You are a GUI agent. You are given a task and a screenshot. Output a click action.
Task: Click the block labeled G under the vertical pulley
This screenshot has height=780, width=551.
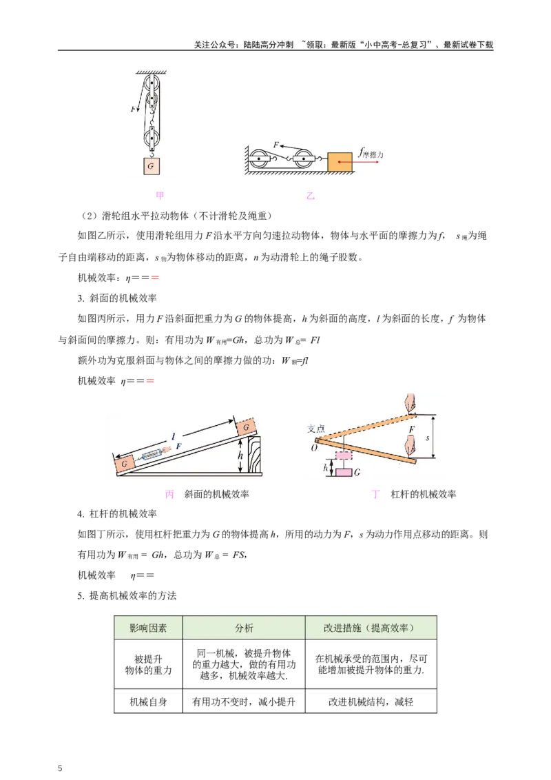click(150, 167)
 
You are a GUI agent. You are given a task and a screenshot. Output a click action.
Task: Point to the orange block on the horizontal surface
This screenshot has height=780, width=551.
click(340, 162)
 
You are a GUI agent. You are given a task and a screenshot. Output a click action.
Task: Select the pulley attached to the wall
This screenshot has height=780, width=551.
click(259, 161)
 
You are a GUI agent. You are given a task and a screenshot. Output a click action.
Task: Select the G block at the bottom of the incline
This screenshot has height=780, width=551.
click(124, 465)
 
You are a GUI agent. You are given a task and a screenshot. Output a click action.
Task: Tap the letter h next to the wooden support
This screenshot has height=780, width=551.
click(239, 455)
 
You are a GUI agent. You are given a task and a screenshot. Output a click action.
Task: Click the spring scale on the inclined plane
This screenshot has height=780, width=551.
click(153, 455)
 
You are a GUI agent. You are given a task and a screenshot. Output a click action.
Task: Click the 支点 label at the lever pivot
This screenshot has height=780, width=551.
click(315, 427)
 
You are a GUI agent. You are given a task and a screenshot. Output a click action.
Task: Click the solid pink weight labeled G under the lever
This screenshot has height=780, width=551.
click(344, 473)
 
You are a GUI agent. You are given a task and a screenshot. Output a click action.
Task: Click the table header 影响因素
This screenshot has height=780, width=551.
click(148, 628)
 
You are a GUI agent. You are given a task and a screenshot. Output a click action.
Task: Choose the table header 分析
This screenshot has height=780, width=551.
click(244, 628)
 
